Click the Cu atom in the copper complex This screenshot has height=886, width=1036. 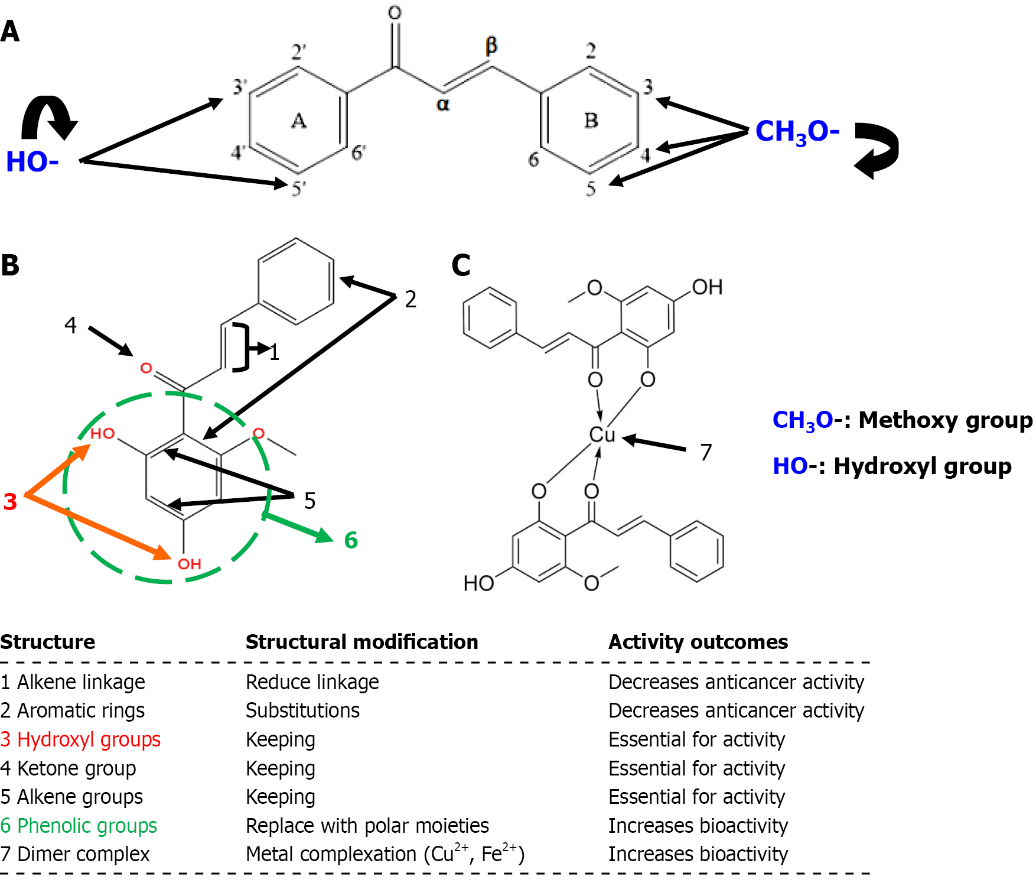(602, 434)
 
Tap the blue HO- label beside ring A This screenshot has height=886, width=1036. (32, 162)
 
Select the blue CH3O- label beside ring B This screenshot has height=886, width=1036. (797, 132)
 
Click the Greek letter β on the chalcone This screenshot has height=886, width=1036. (491, 46)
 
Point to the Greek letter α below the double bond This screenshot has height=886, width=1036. (443, 105)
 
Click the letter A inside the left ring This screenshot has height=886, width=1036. (299, 121)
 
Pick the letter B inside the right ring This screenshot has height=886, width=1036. (591, 121)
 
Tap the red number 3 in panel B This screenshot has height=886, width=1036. (10, 502)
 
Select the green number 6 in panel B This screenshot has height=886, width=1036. (351, 540)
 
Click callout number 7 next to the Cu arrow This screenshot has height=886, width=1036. (706, 453)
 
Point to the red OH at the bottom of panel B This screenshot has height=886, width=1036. (190, 564)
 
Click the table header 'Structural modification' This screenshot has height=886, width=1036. (361, 642)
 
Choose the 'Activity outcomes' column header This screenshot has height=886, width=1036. (698, 642)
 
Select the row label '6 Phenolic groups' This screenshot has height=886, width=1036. (79, 826)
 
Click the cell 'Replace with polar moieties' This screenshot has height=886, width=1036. (367, 826)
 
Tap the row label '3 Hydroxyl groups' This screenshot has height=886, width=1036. (80, 739)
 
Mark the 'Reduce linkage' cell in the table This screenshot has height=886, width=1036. (312, 682)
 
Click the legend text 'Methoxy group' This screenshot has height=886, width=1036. (945, 420)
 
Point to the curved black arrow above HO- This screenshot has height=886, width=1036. (50, 117)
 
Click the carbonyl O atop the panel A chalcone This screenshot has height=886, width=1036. (395, 13)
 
